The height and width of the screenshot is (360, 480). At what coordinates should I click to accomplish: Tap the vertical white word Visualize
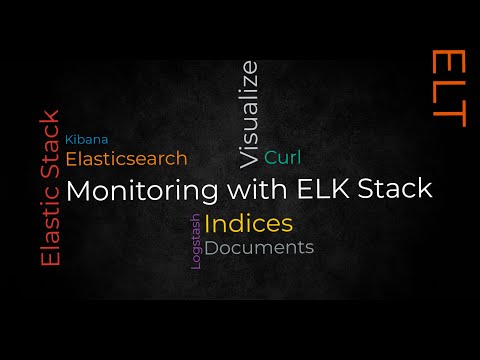point(249,112)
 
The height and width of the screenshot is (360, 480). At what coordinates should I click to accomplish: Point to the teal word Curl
point(283,157)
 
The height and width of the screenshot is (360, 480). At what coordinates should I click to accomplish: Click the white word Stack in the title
point(399,188)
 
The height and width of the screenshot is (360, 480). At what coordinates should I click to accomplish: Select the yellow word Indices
point(248,222)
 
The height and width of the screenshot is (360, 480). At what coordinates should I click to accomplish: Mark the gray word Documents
point(259,247)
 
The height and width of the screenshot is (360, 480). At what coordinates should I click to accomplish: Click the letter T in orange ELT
point(449,117)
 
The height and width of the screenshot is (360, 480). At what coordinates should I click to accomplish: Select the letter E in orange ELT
point(449,61)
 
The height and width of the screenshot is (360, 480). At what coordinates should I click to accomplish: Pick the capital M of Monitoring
point(77,189)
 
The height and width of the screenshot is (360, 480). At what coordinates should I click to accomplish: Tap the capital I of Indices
point(208,222)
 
